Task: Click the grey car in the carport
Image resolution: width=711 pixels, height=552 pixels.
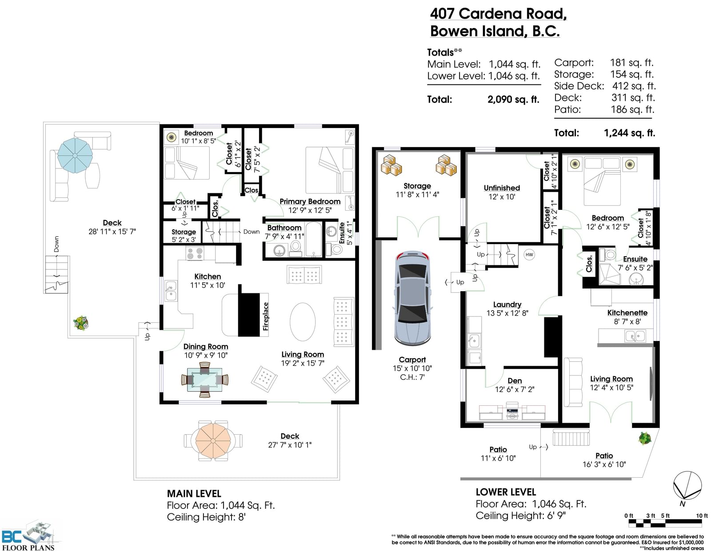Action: pyautogui.click(x=412, y=298)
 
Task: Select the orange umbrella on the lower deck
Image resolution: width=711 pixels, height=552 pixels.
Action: pyautogui.click(x=213, y=440)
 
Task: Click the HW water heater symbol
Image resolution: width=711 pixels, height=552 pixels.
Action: pyautogui.click(x=529, y=255)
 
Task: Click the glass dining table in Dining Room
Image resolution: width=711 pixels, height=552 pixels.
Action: pyautogui.click(x=204, y=380)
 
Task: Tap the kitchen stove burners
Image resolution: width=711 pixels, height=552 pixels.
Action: pyautogui.click(x=195, y=253)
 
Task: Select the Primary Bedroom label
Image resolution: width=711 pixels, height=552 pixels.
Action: pyautogui.click(x=310, y=202)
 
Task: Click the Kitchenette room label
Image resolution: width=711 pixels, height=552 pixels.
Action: pyautogui.click(x=627, y=313)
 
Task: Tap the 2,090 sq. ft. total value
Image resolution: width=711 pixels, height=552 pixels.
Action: pyautogui.click(x=513, y=100)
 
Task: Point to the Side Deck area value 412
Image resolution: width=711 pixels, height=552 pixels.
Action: pyautogui.click(x=620, y=86)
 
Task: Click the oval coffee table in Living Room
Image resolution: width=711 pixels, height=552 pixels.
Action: pyautogui.click(x=303, y=322)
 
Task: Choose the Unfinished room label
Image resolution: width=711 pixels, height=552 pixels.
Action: pyautogui.click(x=502, y=188)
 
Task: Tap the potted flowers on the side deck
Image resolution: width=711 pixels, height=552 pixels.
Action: pyautogui.click(x=80, y=323)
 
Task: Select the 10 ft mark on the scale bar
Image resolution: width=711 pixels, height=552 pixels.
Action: pyautogui.click(x=702, y=516)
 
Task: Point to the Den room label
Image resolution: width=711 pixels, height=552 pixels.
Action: pyautogui.click(x=515, y=381)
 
